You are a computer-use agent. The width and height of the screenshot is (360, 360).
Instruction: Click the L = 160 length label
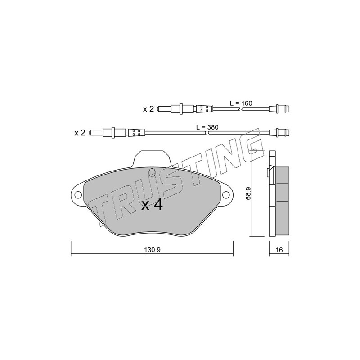click(x=241, y=103)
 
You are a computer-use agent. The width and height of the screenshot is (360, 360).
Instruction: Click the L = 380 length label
click(x=207, y=127)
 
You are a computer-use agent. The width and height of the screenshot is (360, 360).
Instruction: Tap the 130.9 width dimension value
click(x=152, y=250)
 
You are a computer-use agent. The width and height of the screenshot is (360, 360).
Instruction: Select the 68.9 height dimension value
click(x=248, y=194)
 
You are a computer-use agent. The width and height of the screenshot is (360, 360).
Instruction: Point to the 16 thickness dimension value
click(x=279, y=250)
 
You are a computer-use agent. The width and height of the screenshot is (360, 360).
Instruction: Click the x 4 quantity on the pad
click(x=152, y=205)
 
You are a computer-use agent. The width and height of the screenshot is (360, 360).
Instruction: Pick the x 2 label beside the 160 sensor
click(x=148, y=109)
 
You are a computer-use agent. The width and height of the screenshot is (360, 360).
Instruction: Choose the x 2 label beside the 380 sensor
click(x=80, y=133)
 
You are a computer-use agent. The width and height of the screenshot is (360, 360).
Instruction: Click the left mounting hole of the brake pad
click(x=78, y=195)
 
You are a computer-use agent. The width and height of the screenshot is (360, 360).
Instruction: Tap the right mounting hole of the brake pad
click(x=226, y=195)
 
